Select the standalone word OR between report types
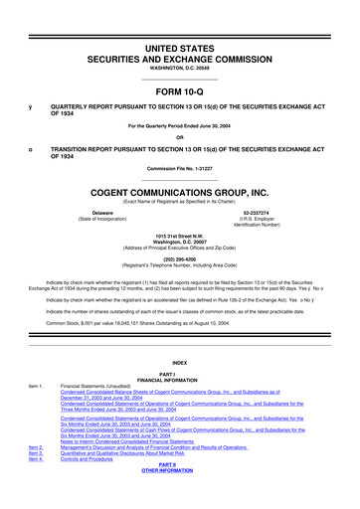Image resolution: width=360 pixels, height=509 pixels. (x=179, y=137)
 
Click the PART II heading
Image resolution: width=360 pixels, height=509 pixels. (x=179, y=492)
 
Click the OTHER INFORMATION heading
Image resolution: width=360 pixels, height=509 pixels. (x=179, y=499)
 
